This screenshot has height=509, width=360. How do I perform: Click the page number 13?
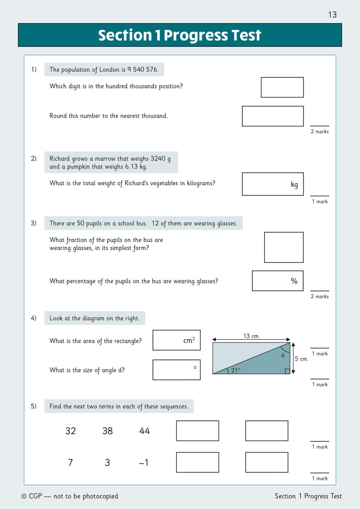[332, 15]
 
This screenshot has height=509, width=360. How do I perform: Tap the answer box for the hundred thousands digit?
[282, 87]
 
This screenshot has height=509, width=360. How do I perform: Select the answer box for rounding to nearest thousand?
[273, 116]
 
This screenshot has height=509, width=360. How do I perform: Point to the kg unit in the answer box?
[294, 185]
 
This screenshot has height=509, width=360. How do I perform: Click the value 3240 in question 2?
[158, 158]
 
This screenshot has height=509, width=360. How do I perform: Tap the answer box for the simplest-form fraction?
[284, 247]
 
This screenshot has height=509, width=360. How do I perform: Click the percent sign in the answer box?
[294, 281]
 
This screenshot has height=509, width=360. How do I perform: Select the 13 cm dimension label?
[251, 336]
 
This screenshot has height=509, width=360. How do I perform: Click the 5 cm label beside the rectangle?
[301, 359]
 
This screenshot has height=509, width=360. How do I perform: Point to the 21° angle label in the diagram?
[236, 370]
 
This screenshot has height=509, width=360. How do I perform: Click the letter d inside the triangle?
[283, 355]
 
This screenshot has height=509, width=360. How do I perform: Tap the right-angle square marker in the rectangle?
[287, 371]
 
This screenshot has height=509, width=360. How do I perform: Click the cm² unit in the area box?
[189, 340]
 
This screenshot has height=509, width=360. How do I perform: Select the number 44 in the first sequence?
[144, 431]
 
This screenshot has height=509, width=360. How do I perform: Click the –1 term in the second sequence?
[144, 463]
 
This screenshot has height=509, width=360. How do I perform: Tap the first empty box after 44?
[197, 431]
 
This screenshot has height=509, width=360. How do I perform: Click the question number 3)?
[34, 223]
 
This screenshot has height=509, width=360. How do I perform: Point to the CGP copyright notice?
[70, 496]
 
